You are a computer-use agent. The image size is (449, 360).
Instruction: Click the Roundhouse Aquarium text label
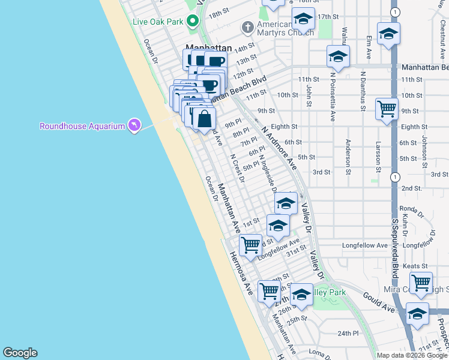pos(82,126)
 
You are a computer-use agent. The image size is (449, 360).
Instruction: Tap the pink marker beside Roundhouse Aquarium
pos(134,125)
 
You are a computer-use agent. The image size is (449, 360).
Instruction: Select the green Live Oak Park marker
pos(193,22)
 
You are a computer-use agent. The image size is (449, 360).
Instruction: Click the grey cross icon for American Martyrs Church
pos(247,27)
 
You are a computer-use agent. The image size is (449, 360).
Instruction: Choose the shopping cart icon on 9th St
pos(387,109)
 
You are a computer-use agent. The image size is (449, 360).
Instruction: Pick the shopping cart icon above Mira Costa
pos(421,281)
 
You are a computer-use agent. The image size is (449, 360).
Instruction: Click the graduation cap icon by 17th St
pos(303,19)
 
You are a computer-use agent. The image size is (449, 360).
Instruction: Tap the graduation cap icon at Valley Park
pos(301,295)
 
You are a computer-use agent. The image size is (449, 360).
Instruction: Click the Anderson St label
pos(348,157)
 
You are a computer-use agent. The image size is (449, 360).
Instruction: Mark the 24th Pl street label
pos(348,333)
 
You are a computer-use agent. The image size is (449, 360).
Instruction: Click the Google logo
pos(20,353)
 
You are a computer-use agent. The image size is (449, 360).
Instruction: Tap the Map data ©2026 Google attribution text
pos(412,355)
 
